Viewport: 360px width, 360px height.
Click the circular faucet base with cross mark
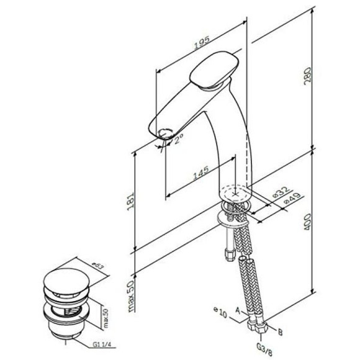click(235, 192)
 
